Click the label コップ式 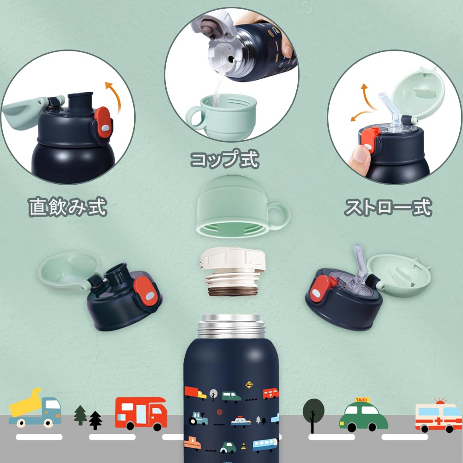225,159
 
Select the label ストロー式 388,207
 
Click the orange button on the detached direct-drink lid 148,292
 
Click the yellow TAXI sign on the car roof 363,400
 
